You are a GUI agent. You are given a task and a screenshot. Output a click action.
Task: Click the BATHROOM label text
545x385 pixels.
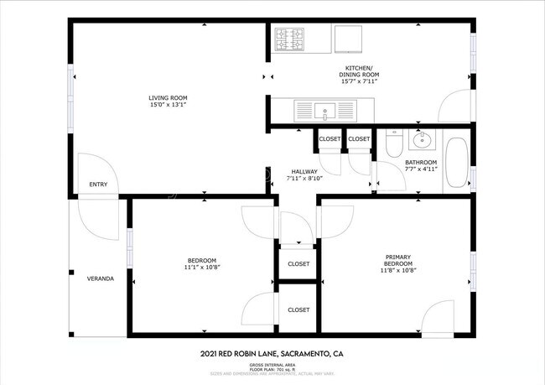point(421,162)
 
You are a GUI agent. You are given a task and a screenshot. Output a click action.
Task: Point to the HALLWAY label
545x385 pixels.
point(304,171)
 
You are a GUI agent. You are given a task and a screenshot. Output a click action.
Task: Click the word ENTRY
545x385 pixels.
point(98,185)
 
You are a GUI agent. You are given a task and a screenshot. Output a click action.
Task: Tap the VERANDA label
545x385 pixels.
point(101,278)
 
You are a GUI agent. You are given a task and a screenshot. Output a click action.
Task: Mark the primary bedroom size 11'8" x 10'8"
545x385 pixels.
point(397,270)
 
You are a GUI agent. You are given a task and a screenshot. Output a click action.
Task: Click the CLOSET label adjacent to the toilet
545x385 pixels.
point(359,138)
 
